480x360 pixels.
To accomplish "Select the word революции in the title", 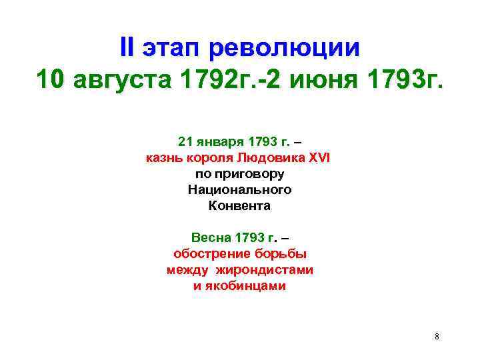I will point(285,49).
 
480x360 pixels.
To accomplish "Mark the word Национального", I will point(240,190).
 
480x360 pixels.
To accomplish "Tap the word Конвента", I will point(240,206).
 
